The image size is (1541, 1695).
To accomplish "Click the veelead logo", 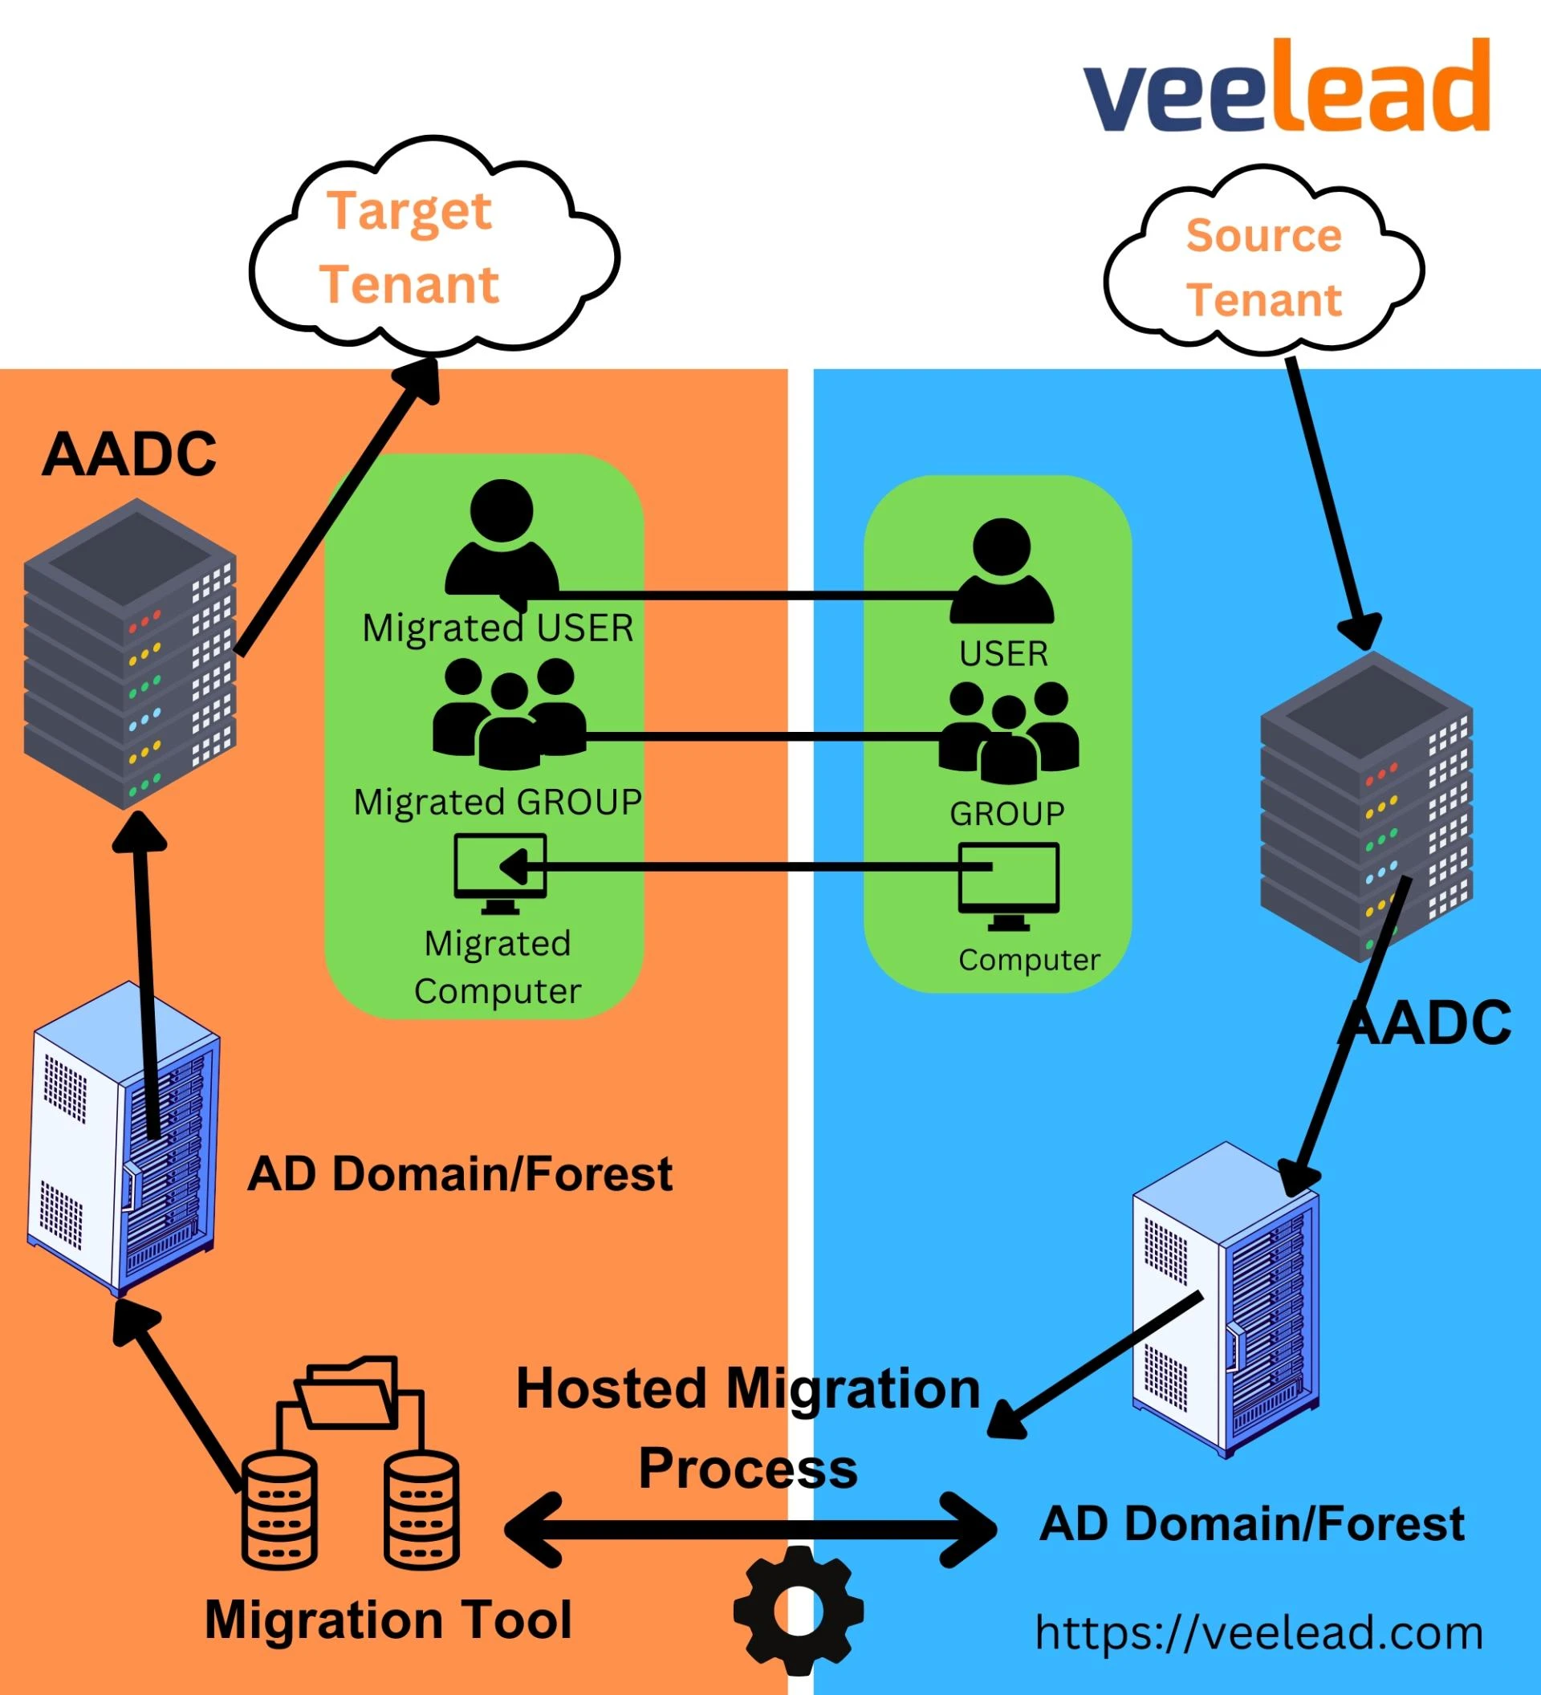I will coord(1287,87).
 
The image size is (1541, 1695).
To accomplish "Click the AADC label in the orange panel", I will coord(129,455).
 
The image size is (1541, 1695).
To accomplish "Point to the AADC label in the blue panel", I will coord(1429,1023).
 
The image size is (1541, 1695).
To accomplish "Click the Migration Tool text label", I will coord(388,1620).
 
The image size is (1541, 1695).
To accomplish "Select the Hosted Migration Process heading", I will coord(748,1429).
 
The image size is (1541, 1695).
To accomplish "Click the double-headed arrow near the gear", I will coord(750,1530).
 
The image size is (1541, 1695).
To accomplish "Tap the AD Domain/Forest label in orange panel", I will coord(460,1173).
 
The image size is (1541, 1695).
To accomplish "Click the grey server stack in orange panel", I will coord(129,653).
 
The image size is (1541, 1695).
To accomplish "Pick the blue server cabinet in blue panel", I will coord(1225,1299).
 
